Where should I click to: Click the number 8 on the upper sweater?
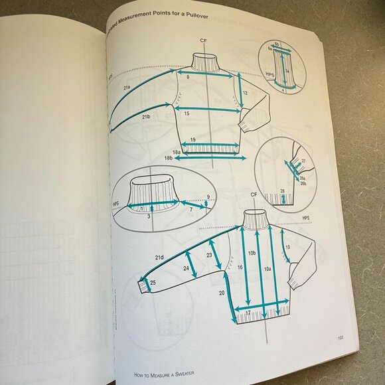point(188,78)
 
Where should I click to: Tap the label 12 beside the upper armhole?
point(245,93)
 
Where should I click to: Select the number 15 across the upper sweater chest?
point(188,114)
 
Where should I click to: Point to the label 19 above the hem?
point(193,140)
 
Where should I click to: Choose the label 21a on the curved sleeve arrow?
point(125,87)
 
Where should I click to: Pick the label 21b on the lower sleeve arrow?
point(145,117)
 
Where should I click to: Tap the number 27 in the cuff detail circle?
point(303,161)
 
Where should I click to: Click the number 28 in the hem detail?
point(282,192)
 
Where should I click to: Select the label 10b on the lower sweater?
point(252,253)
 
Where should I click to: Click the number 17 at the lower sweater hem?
point(248,312)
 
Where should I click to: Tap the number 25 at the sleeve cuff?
point(153,282)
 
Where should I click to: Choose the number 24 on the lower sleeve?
point(186,269)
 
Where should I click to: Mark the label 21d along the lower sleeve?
point(159,257)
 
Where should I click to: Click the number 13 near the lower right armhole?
point(287,247)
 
